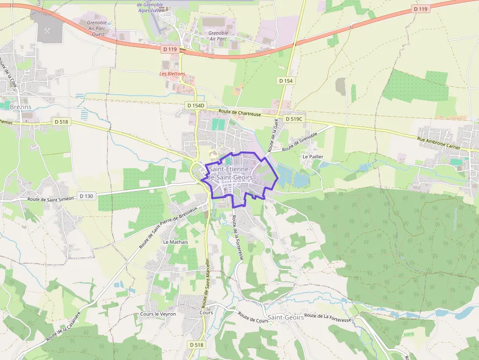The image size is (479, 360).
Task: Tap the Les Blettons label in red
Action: pos(173,74)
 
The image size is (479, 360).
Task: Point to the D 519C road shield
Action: pos(294,119)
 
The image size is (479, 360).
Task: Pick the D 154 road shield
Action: pos(286,80)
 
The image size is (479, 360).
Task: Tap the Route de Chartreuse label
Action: pos(240,112)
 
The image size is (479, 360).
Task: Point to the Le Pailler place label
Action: pos(313,156)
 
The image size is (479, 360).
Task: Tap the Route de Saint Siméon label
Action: pos(50,199)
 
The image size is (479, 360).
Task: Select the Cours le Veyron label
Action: pos(158,314)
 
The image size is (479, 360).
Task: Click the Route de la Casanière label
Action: pos(63,326)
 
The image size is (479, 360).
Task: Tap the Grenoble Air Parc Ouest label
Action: pos(96,28)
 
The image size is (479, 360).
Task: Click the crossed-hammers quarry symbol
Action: pos(48,30)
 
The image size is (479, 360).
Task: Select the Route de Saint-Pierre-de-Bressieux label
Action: pos(168,227)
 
